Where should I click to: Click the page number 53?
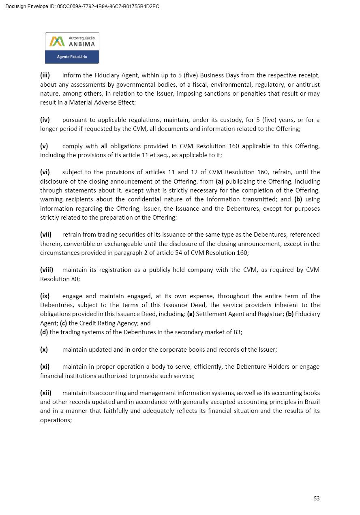(x=317, y=498)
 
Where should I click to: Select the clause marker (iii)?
(x=45, y=75)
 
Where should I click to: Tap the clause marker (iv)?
(x=45, y=120)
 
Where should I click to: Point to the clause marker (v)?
(x=44, y=146)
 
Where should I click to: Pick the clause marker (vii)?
(x=46, y=235)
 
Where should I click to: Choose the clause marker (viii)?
(x=47, y=270)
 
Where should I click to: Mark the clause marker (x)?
(x=44, y=349)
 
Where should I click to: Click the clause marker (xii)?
(x=46, y=393)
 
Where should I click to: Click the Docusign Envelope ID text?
(x=82, y=6)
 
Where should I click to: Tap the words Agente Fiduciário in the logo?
(x=72, y=57)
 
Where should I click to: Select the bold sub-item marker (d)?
(x=44, y=332)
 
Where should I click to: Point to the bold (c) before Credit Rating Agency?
(x=63, y=323)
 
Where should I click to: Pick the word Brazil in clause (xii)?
(x=311, y=402)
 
